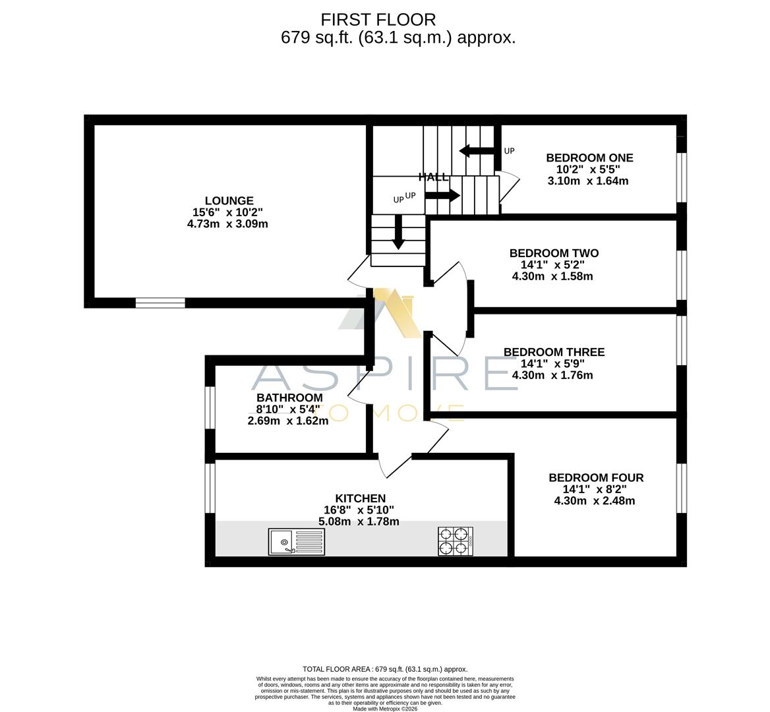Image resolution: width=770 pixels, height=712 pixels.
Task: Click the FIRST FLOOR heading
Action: pyautogui.click(x=378, y=20)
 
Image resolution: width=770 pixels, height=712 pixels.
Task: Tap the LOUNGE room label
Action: pyautogui.click(x=229, y=201)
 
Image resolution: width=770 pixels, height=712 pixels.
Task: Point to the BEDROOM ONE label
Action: pyautogui.click(x=589, y=158)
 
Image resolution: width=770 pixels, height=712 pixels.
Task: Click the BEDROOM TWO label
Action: pyautogui.click(x=554, y=253)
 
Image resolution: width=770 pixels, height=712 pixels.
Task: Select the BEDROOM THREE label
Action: pyautogui.click(x=554, y=352)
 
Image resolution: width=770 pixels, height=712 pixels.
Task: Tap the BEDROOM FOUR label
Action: pyautogui.click(x=596, y=478)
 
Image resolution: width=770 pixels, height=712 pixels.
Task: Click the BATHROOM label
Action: pyautogui.click(x=289, y=398)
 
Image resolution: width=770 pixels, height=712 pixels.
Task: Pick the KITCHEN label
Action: pyautogui.click(x=360, y=498)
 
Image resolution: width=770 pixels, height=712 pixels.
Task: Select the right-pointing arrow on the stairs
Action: pyautogui.click(x=442, y=195)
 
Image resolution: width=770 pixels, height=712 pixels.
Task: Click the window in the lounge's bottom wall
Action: pyautogui.click(x=160, y=303)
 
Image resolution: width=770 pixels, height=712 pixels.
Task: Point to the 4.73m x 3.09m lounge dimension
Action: pyautogui.click(x=227, y=224)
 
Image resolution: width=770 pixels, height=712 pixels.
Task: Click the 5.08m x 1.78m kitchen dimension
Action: pyautogui.click(x=359, y=521)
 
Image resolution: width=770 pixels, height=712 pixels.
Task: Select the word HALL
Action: pyautogui.click(x=433, y=177)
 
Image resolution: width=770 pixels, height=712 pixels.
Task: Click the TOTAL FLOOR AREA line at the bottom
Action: pyautogui.click(x=384, y=669)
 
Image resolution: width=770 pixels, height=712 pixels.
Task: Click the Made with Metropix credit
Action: pyautogui.click(x=384, y=709)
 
